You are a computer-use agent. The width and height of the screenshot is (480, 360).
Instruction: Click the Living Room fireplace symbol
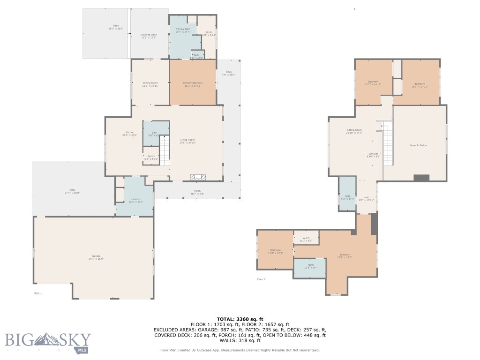click(x=197, y=177)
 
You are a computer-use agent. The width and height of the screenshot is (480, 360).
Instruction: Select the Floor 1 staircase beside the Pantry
click(x=164, y=150)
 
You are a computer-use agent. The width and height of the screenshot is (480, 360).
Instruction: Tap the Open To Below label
click(x=418, y=146)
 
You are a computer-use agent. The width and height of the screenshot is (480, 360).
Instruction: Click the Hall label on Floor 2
click(x=367, y=199)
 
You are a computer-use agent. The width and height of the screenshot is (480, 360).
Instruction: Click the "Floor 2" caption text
click(x=261, y=279)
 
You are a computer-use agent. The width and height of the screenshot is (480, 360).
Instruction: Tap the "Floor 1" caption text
click(x=37, y=293)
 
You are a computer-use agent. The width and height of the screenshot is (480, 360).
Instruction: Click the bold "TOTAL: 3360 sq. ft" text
click(x=240, y=319)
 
